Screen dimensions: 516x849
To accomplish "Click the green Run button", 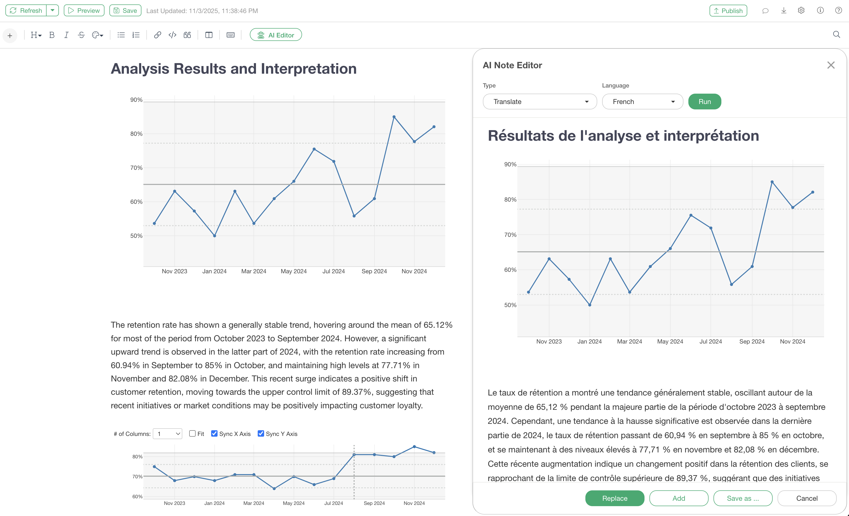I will (704, 102).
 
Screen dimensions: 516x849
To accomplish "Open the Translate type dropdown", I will (540, 102).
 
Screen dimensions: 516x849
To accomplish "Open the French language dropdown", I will (642, 102).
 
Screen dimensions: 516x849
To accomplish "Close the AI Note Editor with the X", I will (831, 65).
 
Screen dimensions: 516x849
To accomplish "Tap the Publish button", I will (728, 11).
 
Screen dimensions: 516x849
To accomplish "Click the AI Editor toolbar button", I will (276, 35).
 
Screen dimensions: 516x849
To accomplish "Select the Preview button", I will (84, 11).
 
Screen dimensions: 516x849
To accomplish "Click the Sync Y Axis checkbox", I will (261, 434).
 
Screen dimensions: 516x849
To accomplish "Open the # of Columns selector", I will (168, 434).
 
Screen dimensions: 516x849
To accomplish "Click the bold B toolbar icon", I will (52, 35).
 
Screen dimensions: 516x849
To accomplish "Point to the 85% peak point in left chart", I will (394, 117).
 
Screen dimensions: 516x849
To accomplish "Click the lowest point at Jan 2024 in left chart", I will (214, 236).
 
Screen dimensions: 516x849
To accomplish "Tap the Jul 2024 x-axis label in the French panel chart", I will (711, 341).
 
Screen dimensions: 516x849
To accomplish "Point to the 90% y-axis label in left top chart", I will (136, 100).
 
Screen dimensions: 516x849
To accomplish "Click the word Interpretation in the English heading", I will (308, 69).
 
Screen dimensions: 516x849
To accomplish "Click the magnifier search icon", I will (836, 34).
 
